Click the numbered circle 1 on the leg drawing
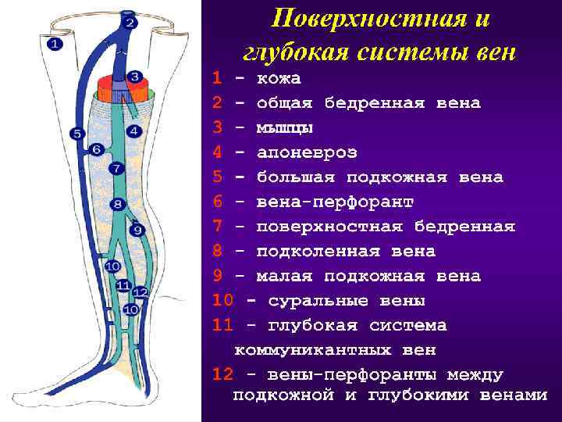click(55, 44)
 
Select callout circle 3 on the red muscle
click(134, 77)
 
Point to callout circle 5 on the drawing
click(76, 134)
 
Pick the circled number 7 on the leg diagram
click(116, 168)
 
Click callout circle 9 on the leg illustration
click(137, 230)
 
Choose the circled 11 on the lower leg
click(123, 286)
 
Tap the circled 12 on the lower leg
click(140, 292)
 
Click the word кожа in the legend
click(279, 79)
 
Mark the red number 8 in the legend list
click(218, 252)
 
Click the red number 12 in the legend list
click(222, 374)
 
